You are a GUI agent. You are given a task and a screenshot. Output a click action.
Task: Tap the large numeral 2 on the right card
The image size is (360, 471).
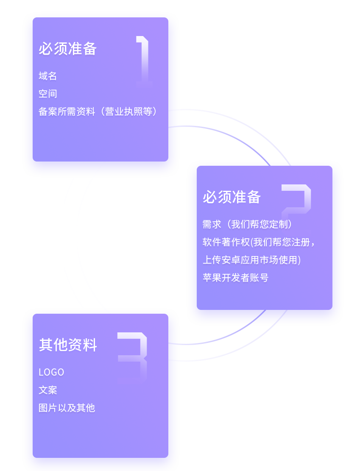click(x=296, y=200)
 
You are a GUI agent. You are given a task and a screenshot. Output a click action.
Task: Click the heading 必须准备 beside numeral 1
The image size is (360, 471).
click(x=68, y=49)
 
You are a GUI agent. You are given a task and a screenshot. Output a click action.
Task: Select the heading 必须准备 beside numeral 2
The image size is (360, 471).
click(x=232, y=197)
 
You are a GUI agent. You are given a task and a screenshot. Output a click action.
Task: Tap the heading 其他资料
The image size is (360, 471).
click(x=68, y=345)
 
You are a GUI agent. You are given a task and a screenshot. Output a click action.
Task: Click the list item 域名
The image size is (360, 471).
click(x=47, y=76)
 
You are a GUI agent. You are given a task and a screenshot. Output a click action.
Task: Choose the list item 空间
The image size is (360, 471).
click(x=47, y=94)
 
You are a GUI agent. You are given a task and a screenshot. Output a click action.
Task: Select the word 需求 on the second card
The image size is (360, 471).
click(x=212, y=224)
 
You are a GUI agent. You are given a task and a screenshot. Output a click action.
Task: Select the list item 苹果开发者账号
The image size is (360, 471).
click(x=235, y=278)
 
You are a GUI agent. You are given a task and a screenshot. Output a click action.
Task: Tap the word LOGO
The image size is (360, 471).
click(x=51, y=372)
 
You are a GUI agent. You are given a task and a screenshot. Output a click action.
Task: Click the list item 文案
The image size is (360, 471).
click(x=47, y=390)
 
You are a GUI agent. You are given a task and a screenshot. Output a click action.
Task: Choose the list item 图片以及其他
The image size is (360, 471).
click(x=67, y=408)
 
